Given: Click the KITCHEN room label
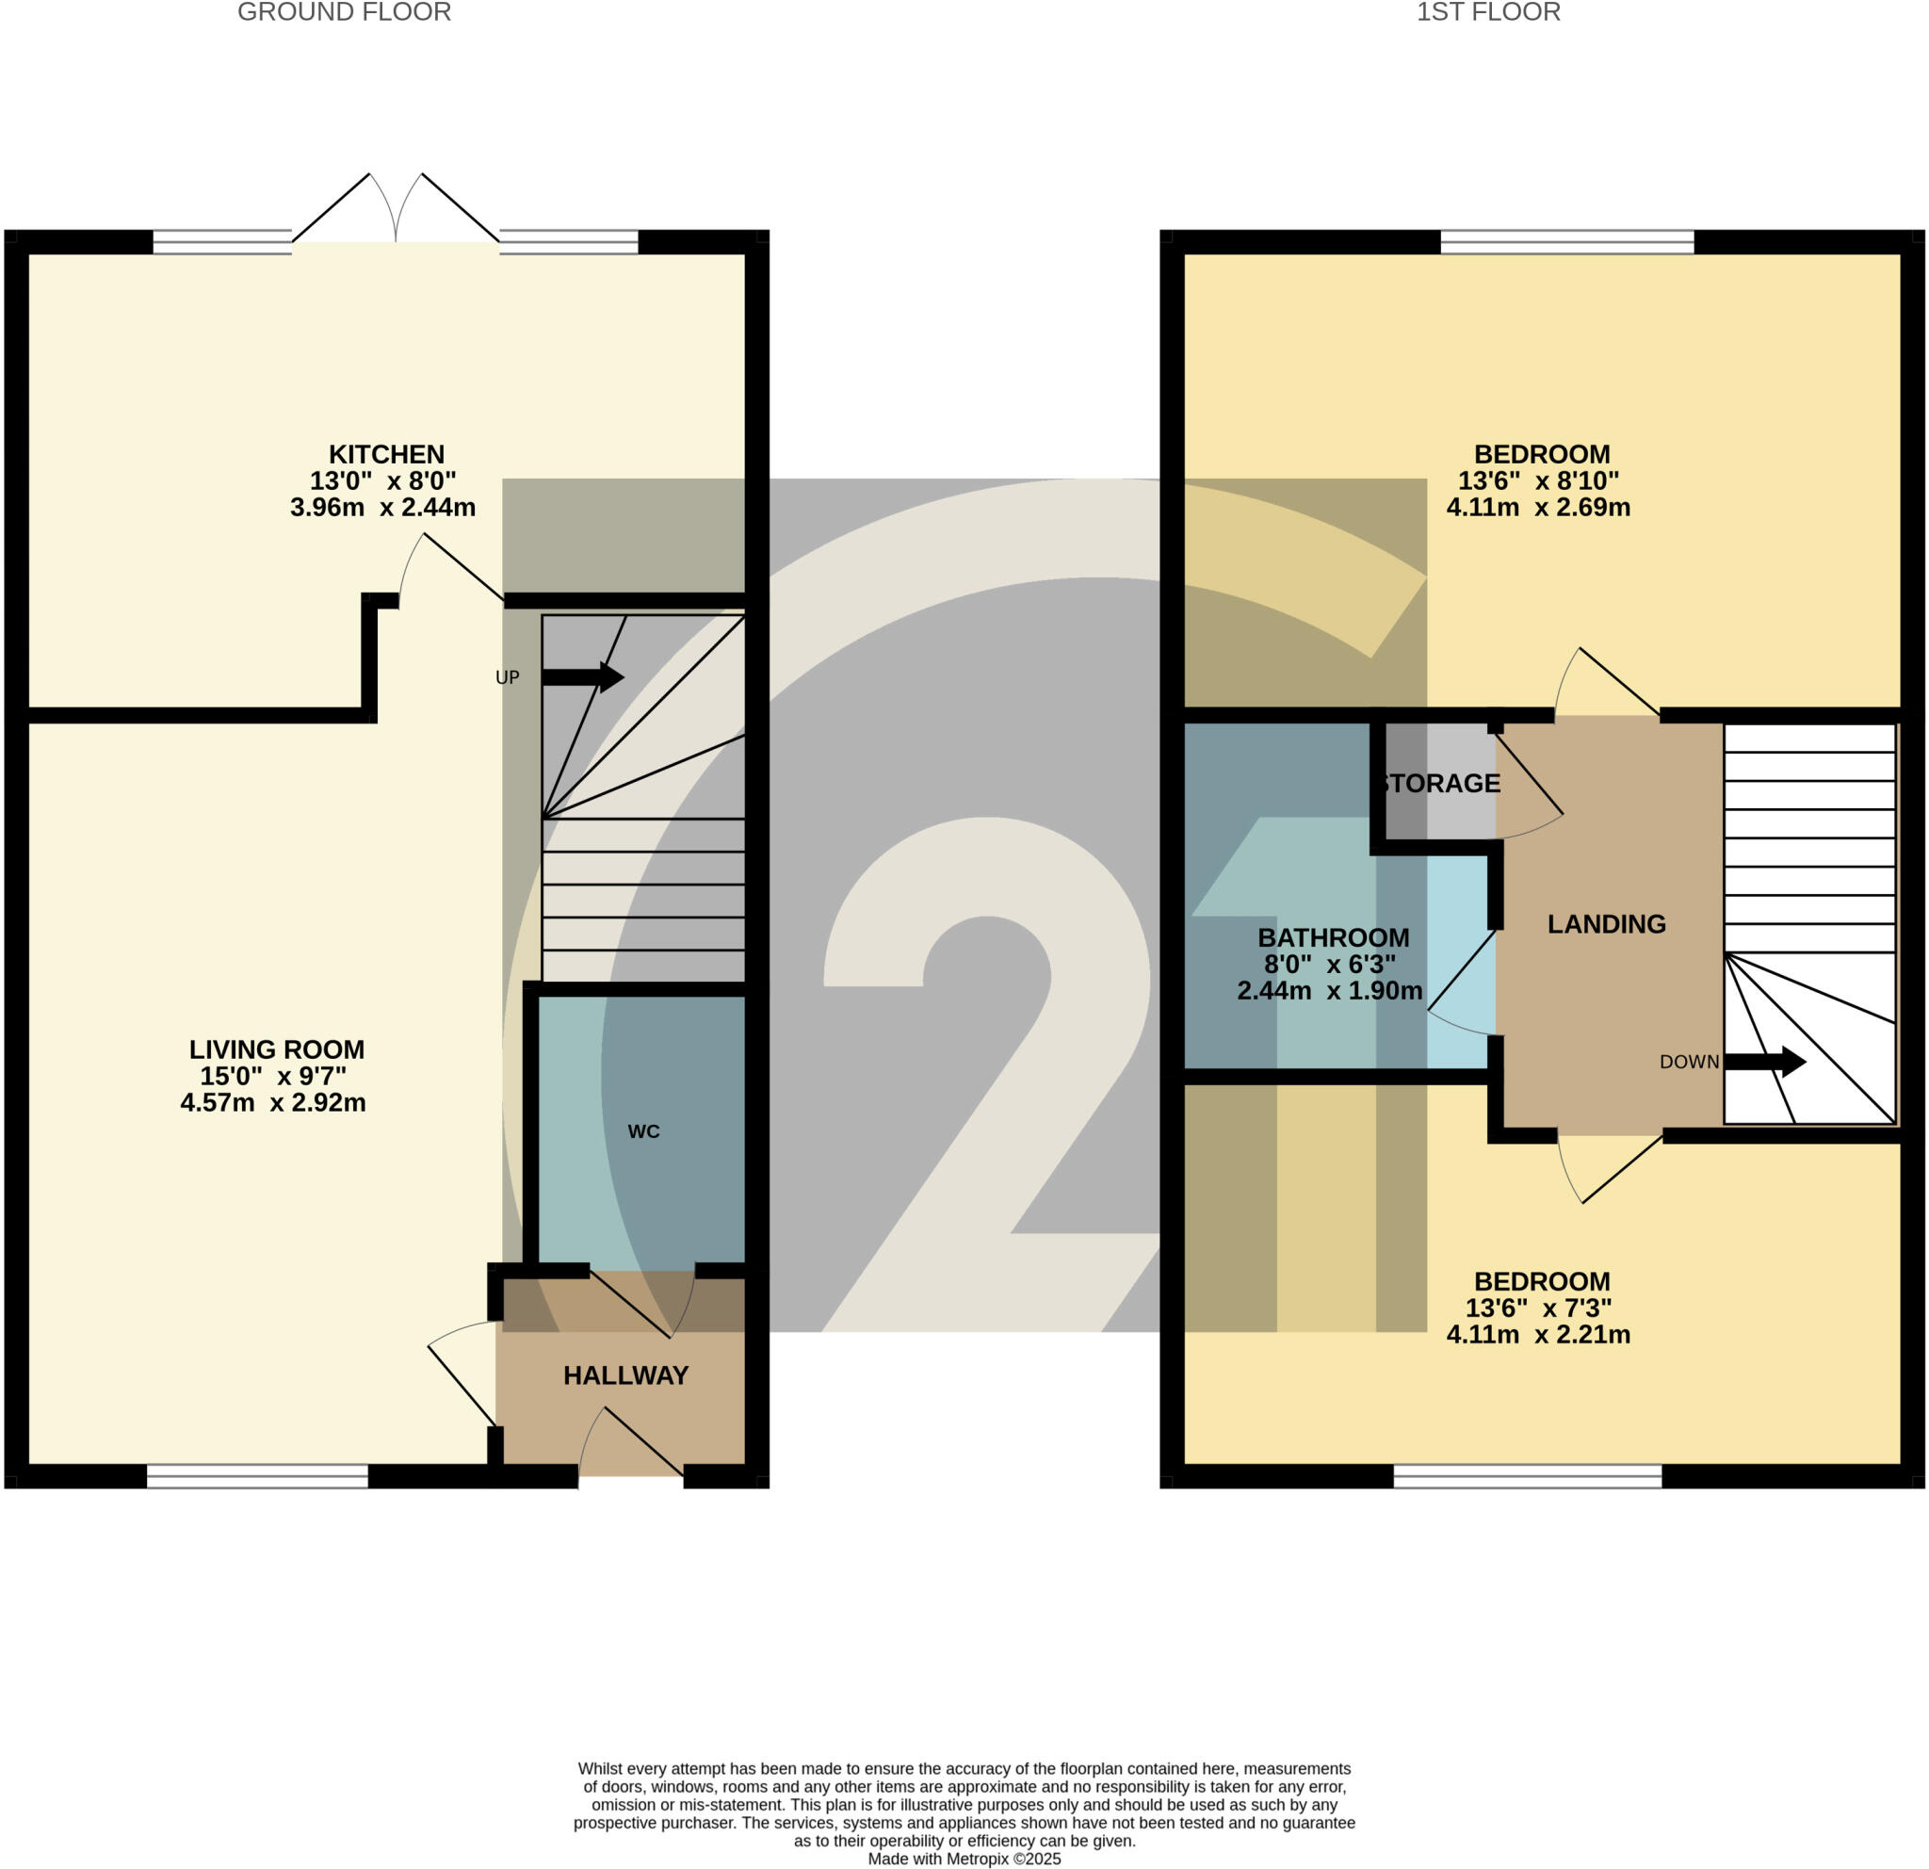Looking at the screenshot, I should pyautogui.click(x=386, y=455).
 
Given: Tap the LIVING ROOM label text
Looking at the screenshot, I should pyautogui.click(x=277, y=1050).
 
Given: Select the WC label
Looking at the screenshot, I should pyautogui.click(x=643, y=1131).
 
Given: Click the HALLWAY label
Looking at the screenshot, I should pyautogui.click(x=625, y=1376).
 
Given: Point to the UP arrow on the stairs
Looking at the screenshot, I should pyautogui.click(x=583, y=677).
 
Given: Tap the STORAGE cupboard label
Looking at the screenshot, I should pyautogui.click(x=1440, y=784).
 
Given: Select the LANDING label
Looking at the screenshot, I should pyautogui.click(x=1606, y=924).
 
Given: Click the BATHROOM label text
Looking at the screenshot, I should pyautogui.click(x=1333, y=938).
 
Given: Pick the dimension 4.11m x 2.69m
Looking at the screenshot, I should pyautogui.click(x=1537, y=508).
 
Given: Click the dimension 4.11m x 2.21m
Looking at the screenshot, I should pyautogui.click(x=1537, y=1336).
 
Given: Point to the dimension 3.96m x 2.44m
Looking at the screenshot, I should pyautogui.click(x=382, y=508).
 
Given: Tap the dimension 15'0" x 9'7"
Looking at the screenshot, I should pyautogui.click(x=272, y=1077).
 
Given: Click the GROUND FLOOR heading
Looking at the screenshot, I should pyautogui.click(x=345, y=13).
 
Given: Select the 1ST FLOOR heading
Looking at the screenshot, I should pyautogui.click(x=1488, y=13).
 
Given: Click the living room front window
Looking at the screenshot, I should pyautogui.click(x=257, y=1476).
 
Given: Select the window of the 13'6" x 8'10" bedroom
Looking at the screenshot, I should pyautogui.click(x=1566, y=242).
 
